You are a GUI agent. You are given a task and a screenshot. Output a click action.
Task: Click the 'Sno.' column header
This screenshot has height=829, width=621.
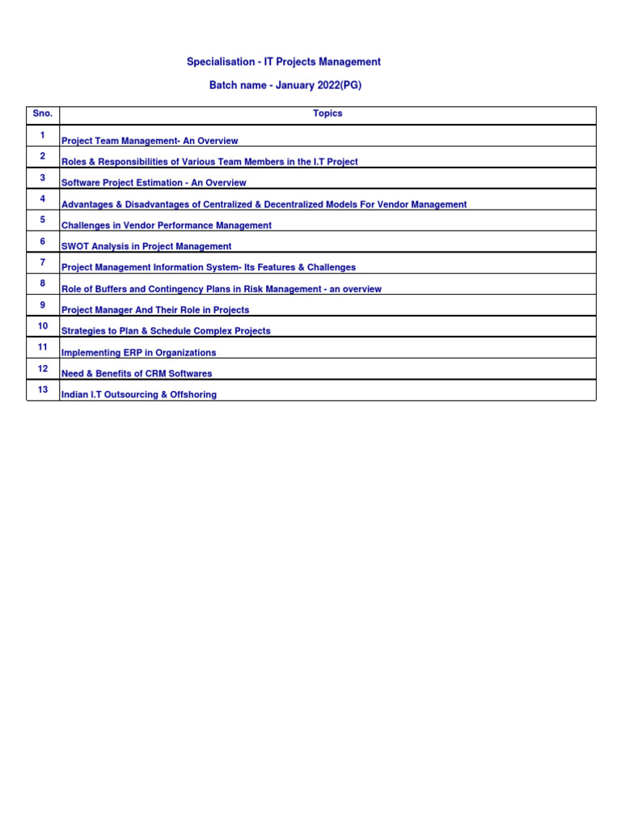(42, 114)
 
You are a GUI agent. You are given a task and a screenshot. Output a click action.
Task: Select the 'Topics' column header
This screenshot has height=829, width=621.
(327, 114)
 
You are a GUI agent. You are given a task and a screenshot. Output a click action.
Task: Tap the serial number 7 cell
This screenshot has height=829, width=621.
(42, 262)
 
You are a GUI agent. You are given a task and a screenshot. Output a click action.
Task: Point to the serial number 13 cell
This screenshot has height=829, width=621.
(42, 390)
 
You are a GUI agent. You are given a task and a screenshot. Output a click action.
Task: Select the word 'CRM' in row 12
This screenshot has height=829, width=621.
(149, 374)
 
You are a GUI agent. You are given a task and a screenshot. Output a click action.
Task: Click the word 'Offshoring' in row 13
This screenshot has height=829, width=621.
(193, 395)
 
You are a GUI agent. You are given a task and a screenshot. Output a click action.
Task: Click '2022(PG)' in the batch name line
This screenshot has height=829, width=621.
(339, 85)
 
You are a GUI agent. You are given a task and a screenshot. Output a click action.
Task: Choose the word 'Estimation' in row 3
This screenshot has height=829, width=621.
(160, 183)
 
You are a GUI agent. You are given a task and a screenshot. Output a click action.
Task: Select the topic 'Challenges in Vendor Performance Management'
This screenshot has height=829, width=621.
(167, 226)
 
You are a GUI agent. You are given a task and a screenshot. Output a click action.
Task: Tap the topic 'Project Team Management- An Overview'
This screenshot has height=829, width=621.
(150, 141)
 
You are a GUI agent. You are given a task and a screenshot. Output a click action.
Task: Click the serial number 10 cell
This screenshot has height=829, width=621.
(42, 326)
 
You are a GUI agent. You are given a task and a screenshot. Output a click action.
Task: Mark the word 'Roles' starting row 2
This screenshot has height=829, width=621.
(74, 162)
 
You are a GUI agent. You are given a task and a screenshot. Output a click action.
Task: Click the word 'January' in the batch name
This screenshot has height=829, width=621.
(294, 85)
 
